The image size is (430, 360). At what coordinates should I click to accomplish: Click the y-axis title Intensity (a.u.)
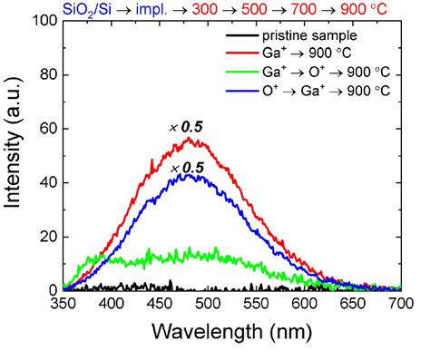[x=16, y=155]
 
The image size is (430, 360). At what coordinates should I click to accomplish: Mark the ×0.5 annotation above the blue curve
[x=186, y=168]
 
